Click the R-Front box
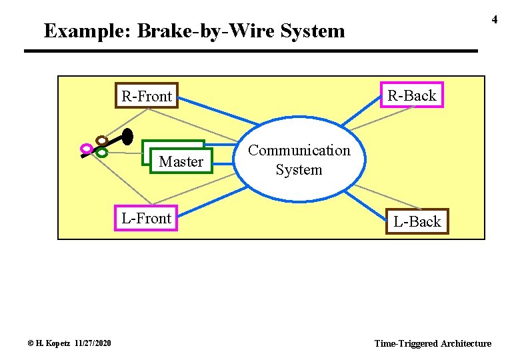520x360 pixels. tap(146, 97)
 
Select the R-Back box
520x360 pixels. tap(411, 95)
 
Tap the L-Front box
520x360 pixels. tap(146, 218)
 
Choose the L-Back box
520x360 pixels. tap(417, 221)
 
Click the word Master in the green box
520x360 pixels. tap(181, 161)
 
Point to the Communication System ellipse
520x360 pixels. tap(299, 160)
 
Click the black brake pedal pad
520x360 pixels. tap(127, 136)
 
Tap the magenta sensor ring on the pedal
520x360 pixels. tap(86, 148)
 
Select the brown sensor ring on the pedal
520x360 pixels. tap(101, 141)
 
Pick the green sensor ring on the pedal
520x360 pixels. tap(101, 152)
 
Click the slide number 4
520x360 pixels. tap(495, 20)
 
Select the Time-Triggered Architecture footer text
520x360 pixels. tap(433, 343)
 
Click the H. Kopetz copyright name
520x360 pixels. tap(50, 343)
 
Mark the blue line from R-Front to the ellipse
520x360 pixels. tap(220, 111)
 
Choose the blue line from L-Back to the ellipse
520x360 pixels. tap(367, 198)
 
